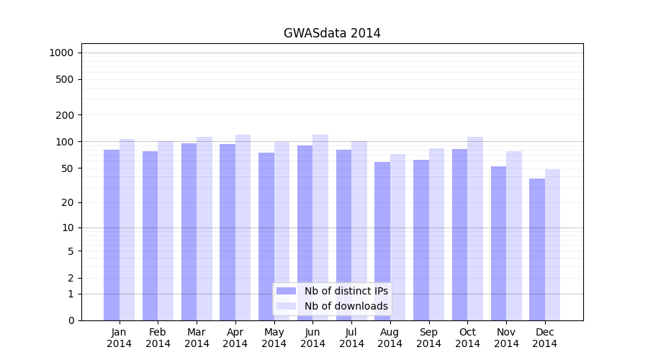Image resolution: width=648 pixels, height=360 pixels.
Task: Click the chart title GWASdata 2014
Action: tap(332, 33)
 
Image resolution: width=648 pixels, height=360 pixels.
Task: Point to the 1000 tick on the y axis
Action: tap(61, 53)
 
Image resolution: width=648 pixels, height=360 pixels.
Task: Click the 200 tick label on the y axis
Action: tap(64, 115)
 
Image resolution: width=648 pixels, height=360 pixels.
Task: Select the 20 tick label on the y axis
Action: tap(67, 203)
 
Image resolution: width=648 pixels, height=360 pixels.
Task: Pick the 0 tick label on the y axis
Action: tap(71, 320)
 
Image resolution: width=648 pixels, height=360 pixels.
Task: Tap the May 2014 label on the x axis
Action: tap(274, 338)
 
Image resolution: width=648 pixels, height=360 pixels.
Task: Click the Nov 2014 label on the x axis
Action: tap(506, 338)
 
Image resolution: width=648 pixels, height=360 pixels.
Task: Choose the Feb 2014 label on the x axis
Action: tap(158, 338)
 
